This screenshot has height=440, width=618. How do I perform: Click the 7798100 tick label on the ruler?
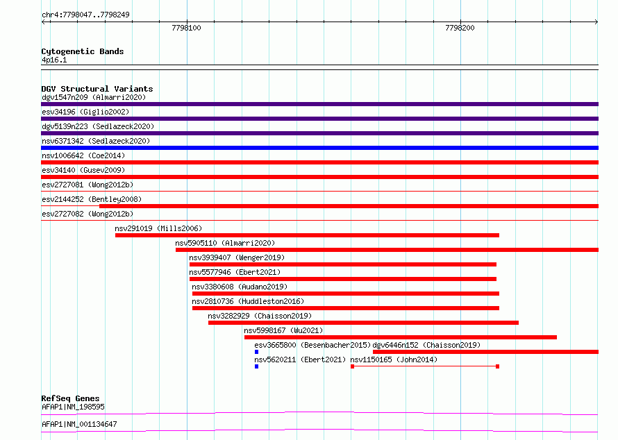pos(186,28)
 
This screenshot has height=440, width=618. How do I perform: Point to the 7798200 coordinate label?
pos(460,28)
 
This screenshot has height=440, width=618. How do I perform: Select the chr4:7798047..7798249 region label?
pos(85,15)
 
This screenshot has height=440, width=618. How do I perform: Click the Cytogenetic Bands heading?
pos(83,51)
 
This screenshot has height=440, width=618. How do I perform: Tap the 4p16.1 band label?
pos(54,60)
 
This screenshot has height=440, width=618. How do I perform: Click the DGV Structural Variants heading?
pos(97,89)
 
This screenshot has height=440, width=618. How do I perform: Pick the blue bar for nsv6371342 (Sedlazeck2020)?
pos(319,148)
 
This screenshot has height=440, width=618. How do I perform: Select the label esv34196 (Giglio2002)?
pos(85,112)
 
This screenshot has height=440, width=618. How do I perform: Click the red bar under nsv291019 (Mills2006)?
pos(307,235)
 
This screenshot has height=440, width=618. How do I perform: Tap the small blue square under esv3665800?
pos(257,352)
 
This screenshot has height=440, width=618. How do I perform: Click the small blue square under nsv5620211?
pos(257,366)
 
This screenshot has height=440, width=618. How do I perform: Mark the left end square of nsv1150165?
pos(352,366)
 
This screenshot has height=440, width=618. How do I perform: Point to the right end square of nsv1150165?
pos(497,366)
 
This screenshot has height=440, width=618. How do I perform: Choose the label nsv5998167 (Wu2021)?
pos(283,330)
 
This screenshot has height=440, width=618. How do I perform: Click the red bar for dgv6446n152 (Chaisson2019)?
pos(485,352)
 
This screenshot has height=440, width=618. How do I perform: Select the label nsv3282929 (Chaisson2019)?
pos(260,316)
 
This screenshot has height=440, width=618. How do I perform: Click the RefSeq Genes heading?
pos(71,398)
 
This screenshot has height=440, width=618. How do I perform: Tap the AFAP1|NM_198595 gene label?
pos(74,407)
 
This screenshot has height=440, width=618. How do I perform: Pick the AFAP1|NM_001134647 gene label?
pos(79,424)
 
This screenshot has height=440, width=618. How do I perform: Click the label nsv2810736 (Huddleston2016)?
pos(248,301)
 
